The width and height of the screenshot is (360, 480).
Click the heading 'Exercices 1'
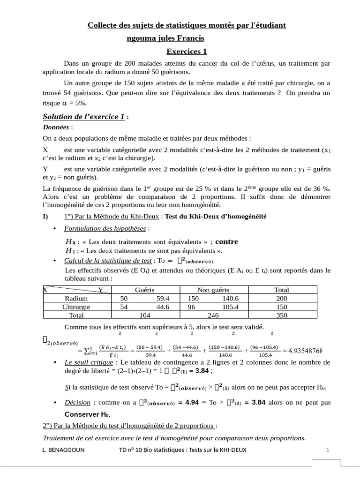tap(187, 51)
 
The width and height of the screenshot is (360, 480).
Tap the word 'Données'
tap(56, 127)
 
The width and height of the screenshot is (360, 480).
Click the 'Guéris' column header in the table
tap(144, 290)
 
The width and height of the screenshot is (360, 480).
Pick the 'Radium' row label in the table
tap(76, 299)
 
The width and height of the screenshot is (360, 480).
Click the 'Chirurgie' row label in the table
tap(76, 307)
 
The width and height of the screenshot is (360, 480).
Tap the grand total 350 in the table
tap(281, 315)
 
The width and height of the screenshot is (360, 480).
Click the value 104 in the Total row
tap(144, 315)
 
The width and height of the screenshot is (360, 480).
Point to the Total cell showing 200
tap(281, 299)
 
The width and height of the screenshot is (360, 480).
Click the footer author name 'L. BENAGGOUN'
tap(61, 450)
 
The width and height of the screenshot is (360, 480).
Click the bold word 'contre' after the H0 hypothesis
tap(226, 242)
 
